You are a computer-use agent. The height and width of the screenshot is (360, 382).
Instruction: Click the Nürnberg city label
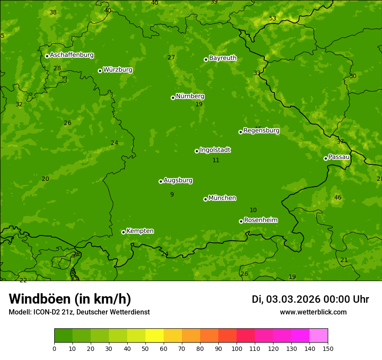[190, 96]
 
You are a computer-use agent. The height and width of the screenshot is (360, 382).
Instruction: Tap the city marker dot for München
[205, 199]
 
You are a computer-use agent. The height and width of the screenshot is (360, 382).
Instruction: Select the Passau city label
[339, 157]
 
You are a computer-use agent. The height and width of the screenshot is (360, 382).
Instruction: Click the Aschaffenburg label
[72, 55]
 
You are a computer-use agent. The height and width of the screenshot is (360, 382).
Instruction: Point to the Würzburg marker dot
[100, 71]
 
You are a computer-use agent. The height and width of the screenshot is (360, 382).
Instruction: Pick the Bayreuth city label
[223, 58]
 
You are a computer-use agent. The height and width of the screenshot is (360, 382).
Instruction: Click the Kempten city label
[140, 231]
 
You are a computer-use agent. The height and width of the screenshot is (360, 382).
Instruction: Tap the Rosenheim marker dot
[241, 221]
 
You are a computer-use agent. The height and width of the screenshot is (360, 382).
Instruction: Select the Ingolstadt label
[215, 150]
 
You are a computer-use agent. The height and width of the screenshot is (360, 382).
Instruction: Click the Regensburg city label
[261, 131]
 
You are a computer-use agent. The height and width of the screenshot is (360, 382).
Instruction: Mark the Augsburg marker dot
[161, 181]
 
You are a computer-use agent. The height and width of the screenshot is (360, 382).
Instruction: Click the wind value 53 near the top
[273, 19]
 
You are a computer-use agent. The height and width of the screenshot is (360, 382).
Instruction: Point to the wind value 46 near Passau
[338, 198]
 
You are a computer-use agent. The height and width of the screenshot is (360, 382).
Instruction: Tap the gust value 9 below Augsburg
[172, 195]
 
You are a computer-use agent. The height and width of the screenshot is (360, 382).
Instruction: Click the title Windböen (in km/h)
[70, 299]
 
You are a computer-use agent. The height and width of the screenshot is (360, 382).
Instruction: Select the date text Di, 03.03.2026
[286, 299]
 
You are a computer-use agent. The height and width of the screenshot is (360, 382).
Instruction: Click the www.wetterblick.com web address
[313, 312]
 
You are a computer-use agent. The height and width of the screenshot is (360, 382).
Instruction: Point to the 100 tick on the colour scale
[237, 348]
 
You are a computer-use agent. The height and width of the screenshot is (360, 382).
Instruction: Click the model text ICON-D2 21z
[56, 312]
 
